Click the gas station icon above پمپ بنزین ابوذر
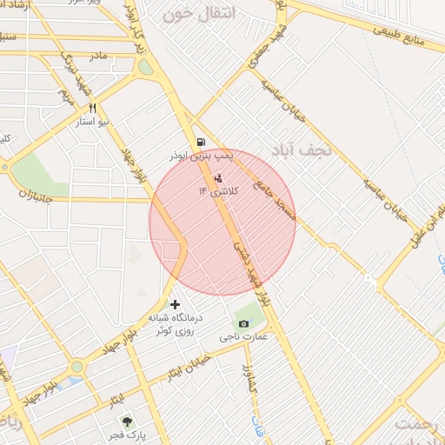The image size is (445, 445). coord(202,142)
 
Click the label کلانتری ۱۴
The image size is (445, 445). coord(216,190)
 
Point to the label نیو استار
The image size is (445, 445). coord(92,123)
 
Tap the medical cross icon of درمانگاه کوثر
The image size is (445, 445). coord(176,304)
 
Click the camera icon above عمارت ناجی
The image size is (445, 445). coord(243,324)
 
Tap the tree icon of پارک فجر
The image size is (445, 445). coord(128,420)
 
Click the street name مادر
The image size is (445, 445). coord(97,56)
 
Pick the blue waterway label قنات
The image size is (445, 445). coord(257,426)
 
